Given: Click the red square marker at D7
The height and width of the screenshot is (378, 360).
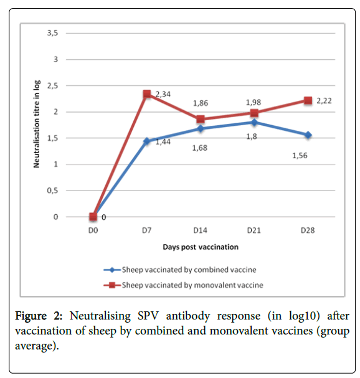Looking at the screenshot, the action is pos(147,94).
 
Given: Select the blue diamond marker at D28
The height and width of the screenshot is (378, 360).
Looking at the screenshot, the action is pos(308,135).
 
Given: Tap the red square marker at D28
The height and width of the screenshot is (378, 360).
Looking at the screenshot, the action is pos(308,100).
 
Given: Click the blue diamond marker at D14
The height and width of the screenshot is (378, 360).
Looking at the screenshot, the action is pos(201,128).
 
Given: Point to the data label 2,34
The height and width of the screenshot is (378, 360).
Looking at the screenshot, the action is pos(163,94).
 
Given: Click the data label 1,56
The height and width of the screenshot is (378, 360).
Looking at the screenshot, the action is pos(300,156).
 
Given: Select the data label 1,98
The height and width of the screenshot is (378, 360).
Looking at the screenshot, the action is pos(253,103).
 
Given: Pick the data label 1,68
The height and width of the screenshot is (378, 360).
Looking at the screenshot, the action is pos(200,148).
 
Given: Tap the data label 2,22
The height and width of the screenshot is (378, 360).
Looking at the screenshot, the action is pos(324,101).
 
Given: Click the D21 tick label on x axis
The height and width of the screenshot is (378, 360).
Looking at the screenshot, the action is pos(254,230).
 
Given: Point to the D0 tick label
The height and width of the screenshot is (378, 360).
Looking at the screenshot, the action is pos(93,230).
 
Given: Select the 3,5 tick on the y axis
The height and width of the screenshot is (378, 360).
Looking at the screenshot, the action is pos(52,33).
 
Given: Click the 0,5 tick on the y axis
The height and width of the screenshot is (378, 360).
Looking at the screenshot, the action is pos(52,191).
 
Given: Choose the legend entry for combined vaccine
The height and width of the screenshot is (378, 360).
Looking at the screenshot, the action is pos(180,270).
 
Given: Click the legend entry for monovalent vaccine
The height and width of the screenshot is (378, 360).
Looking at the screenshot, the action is pos(183,285).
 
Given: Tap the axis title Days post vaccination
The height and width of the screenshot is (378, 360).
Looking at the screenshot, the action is pos(201,247).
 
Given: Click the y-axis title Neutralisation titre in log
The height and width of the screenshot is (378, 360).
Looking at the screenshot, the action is pos(36,124).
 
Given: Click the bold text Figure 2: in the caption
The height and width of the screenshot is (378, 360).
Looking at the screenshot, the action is pos(39,316).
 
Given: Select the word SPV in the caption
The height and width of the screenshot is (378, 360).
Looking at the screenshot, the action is pos(148,316).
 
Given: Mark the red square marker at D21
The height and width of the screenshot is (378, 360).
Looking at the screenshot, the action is pos(254,113).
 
